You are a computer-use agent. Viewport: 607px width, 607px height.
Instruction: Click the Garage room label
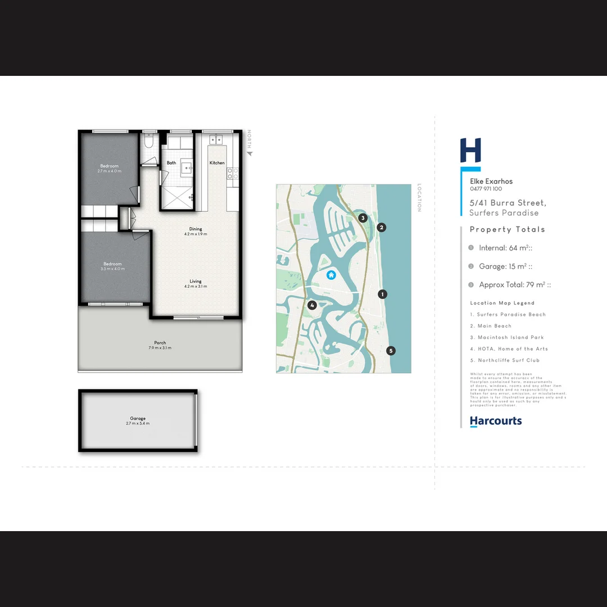point(138,419)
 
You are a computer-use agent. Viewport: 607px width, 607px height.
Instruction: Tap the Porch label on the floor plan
point(160,343)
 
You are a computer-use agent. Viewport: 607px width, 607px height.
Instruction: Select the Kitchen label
point(217,163)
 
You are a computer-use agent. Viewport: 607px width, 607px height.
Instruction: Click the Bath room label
point(171,163)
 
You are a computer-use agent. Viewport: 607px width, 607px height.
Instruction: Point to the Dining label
point(196,229)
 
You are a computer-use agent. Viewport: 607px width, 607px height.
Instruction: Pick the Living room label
point(196,282)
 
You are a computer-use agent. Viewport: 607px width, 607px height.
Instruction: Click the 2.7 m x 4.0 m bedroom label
point(110,166)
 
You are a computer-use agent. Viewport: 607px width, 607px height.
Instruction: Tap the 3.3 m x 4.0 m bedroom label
point(112,264)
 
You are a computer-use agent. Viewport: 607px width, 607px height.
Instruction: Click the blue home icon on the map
point(331,275)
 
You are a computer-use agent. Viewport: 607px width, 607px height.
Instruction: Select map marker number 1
point(383,294)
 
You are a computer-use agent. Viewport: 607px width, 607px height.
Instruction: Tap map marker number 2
point(382,228)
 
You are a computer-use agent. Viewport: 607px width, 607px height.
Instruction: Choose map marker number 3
point(363,218)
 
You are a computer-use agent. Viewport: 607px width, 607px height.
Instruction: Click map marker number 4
point(312,305)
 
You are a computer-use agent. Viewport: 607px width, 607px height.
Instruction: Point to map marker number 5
point(391,351)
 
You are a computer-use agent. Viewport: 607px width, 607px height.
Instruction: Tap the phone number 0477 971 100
point(486,189)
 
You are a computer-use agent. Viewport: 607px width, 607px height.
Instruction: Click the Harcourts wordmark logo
point(496,421)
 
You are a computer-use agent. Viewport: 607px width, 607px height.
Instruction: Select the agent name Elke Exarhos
point(491,182)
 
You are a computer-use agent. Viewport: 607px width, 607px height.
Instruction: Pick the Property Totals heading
point(508,229)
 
